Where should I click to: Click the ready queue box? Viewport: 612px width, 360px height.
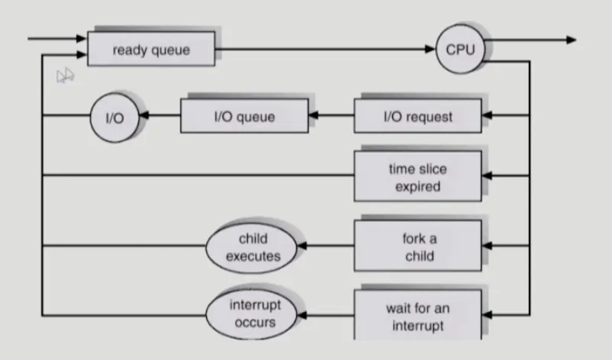(x=151, y=49)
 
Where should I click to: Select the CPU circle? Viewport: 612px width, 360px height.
(x=460, y=49)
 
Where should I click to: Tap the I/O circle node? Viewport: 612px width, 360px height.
(x=114, y=117)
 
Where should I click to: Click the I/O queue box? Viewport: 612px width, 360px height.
(x=244, y=116)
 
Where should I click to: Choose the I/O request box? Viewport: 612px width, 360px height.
(x=417, y=116)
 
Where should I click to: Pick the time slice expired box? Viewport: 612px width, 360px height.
(x=417, y=176)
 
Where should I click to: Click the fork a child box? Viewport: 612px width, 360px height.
(x=417, y=246)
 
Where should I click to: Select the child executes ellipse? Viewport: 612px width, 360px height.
(x=252, y=248)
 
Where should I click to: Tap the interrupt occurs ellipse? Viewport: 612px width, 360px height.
(x=252, y=314)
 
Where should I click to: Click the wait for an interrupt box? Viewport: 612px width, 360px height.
(x=417, y=315)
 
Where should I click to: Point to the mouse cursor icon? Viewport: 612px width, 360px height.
(x=65, y=75)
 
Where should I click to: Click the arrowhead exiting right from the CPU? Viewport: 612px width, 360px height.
(x=571, y=40)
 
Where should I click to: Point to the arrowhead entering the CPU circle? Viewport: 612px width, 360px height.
(x=430, y=49)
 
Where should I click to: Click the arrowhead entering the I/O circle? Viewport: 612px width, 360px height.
(x=144, y=115)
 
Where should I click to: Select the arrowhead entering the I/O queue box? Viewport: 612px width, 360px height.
(x=314, y=115)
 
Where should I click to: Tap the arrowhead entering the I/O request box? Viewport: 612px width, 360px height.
(x=487, y=115)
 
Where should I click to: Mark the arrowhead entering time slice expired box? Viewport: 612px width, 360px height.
(x=487, y=176)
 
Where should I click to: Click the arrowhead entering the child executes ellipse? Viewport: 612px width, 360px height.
(x=302, y=246)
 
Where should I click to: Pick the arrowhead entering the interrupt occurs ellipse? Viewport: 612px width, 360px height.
(x=302, y=315)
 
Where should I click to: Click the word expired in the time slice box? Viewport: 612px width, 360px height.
(x=417, y=187)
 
